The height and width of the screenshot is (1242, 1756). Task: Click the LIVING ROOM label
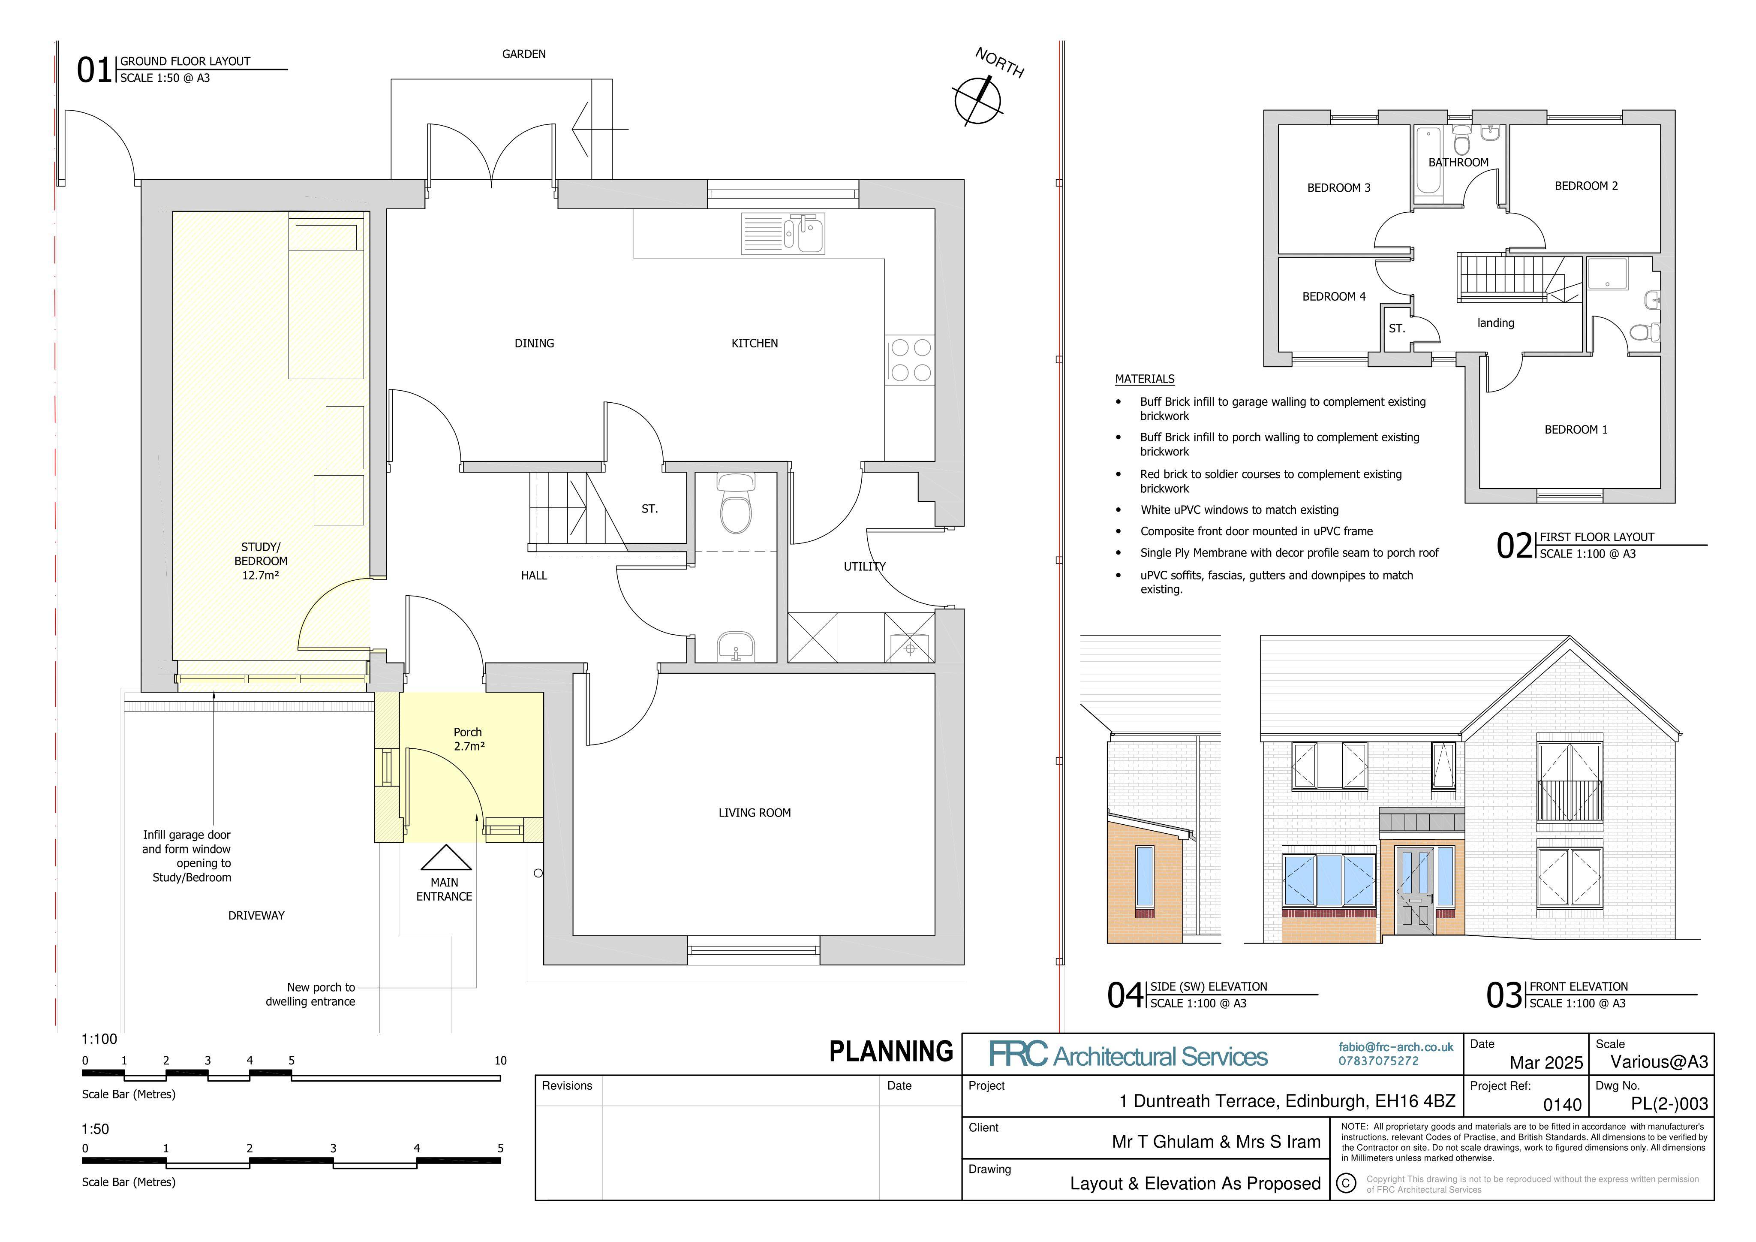point(754,813)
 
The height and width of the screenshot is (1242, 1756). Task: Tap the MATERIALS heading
point(1144,379)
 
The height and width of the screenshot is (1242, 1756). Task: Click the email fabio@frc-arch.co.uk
point(1396,1047)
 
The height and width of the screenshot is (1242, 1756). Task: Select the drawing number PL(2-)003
point(1669,1103)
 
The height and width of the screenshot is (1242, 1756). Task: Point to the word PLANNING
point(891,1052)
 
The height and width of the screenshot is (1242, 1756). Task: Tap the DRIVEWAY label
point(256,915)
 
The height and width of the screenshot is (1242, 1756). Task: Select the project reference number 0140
point(1562,1104)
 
